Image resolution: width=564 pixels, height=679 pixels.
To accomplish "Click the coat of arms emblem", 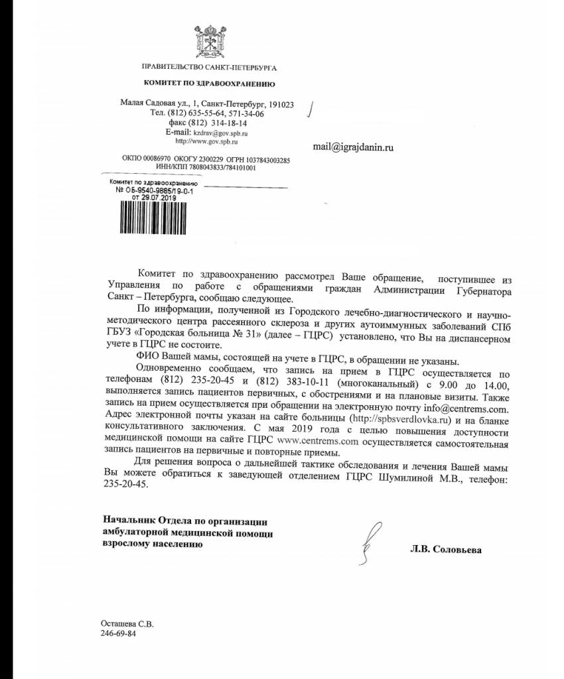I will (x=210, y=40).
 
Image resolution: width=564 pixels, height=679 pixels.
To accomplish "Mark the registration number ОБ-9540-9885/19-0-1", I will (x=154, y=190).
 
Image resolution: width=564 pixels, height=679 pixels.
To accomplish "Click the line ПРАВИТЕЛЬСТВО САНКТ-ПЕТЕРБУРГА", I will (x=209, y=68).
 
